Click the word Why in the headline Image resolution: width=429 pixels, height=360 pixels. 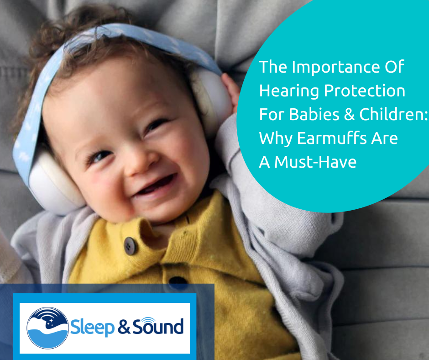point(274,138)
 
